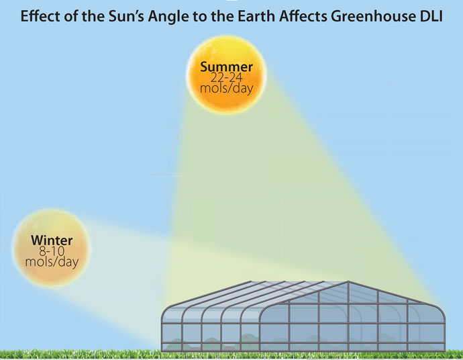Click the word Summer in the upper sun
click(227, 66)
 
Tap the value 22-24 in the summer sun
click(227, 77)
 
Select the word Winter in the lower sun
click(52, 240)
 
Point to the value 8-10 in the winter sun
click(52, 251)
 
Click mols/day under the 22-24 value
click(227, 89)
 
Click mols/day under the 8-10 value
click(52, 262)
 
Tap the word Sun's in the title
click(126, 16)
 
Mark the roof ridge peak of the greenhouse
click(348, 281)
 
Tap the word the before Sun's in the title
click(93, 16)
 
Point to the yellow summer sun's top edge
click(227, 36)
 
